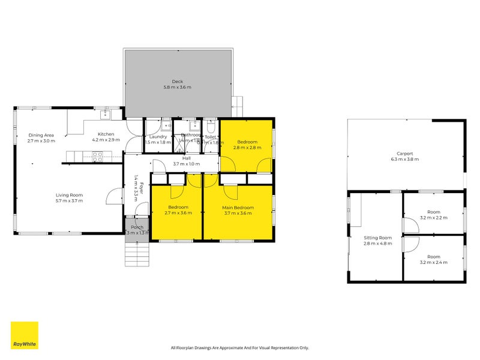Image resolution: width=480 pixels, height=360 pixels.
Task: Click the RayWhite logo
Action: click(25, 335)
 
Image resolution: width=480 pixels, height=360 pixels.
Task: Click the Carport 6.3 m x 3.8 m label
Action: click(404, 156)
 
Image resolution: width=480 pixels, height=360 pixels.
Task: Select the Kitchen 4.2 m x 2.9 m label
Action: click(106, 137)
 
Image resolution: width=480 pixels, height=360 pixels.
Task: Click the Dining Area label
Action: click(41, 138)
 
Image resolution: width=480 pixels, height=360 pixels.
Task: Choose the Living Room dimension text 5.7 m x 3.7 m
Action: click(69, 200)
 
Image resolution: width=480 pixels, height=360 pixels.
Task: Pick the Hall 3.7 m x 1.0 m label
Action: click(186, 161)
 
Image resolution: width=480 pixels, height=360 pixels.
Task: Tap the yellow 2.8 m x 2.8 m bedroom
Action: click(247, 145)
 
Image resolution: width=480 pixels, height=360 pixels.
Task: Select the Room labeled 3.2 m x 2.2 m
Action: click(433, 215)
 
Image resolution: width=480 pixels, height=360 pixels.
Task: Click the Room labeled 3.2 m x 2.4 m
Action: click(433, 259)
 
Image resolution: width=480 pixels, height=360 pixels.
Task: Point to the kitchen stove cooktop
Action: click(97, 155)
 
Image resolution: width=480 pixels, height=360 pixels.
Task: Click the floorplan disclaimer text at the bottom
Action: click(239, 347)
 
